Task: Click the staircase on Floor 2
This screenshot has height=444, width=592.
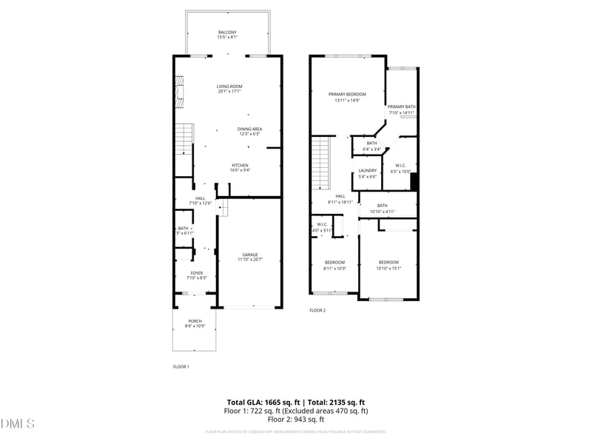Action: (320, 163)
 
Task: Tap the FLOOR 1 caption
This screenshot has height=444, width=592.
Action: (181, 366)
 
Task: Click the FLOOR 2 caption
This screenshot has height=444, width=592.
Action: (317, 311)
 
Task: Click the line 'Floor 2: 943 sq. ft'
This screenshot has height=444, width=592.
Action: (295, 419)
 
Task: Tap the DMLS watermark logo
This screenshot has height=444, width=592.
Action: (18, 424)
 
